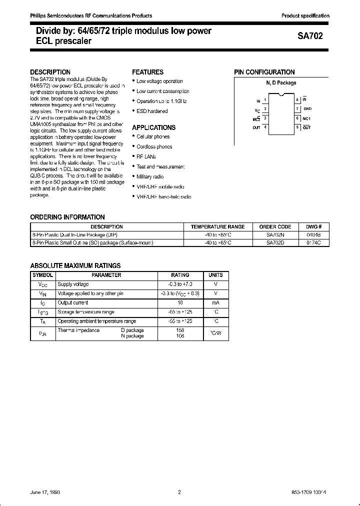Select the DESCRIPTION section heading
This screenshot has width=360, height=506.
(50, 72)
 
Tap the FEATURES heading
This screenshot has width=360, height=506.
(147, 72)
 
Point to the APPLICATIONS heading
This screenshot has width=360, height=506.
(153, 127)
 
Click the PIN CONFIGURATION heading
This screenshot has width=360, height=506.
(264, 72)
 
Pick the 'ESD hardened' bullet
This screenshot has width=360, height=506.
(152, 111)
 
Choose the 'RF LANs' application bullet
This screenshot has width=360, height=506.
(147, 156)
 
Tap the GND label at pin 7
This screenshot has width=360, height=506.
(307, 108)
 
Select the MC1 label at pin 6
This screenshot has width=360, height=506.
(307, 118)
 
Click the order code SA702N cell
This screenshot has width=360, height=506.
(275, 234)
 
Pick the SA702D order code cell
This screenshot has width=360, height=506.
(275, 242)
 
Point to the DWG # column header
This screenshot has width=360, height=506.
(313, 226)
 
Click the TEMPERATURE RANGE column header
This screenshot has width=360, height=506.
(218, 226)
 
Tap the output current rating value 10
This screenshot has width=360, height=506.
(180, 302)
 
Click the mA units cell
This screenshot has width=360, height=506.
(215, 302)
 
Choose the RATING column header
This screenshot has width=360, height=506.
(180, 275)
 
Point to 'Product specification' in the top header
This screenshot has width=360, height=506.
(305, 16)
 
